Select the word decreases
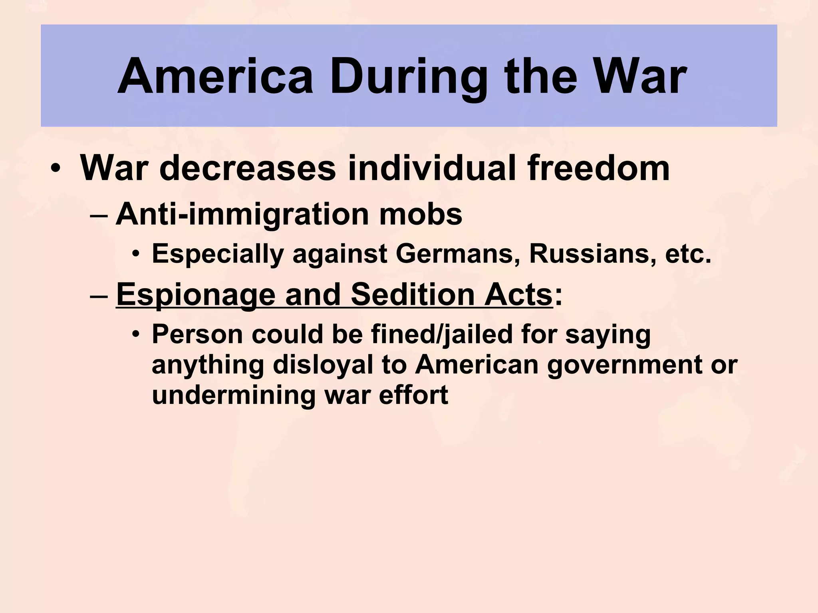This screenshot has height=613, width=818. [x=248, y=168]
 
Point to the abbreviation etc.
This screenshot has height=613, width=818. [x=688, y=254]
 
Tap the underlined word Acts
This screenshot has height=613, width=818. [x=518, y=295]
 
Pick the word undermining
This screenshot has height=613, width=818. [x=234, y=395]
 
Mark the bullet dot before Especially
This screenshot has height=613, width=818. [x=137, y=254]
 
